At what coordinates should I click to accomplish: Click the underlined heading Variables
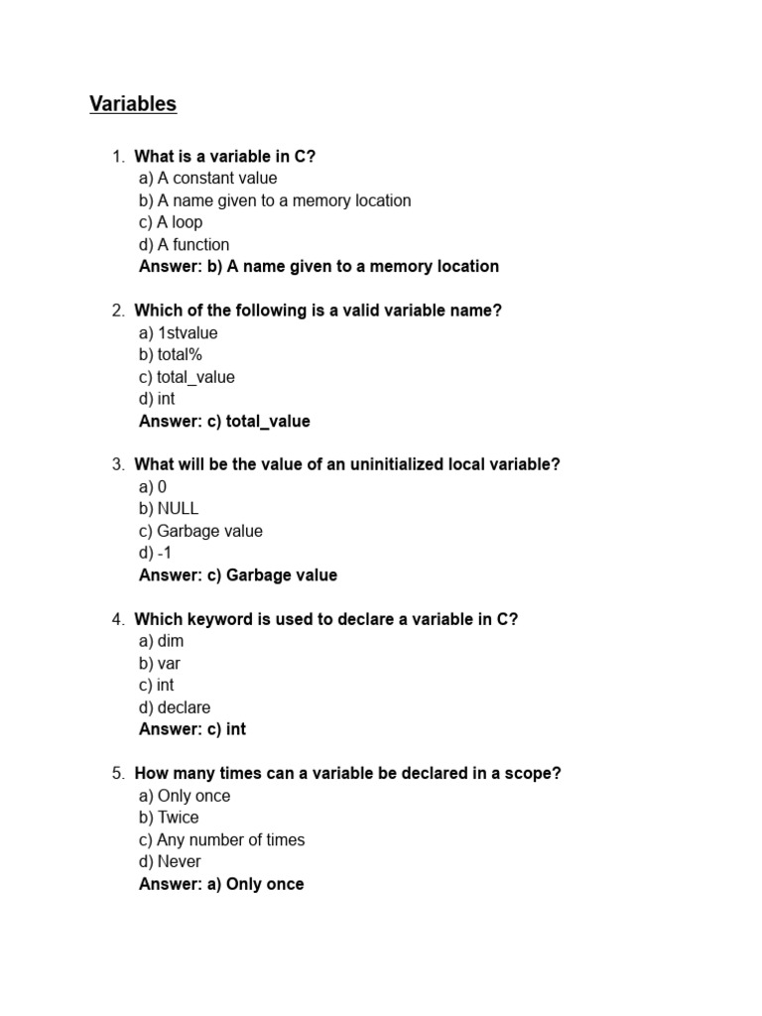point(133,104)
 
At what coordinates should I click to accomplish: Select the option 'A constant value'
point(208,179)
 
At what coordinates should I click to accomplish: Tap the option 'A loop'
point(171,222)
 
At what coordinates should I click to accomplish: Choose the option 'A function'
point(185,244)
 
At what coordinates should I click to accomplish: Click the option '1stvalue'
point(179,333)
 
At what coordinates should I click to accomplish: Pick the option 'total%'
point(171,355)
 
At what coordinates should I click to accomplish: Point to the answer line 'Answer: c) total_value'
point(224,422)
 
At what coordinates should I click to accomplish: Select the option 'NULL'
point(169,509)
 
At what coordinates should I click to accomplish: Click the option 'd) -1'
point(156,553)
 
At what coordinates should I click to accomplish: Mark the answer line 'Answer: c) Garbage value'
point(238,575)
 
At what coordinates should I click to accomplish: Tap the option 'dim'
point(162,642)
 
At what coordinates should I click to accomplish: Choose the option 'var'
point(160,664)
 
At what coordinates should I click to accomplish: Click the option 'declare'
point(175,707)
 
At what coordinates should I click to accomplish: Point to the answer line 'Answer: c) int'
point(192,729)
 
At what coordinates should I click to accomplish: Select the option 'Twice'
point(169,818)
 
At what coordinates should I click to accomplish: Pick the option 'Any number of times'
point(222,839)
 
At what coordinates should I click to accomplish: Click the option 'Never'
point(170,861)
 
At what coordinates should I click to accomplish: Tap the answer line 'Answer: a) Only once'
point(221,884)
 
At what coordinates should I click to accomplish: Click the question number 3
point(117,465)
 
